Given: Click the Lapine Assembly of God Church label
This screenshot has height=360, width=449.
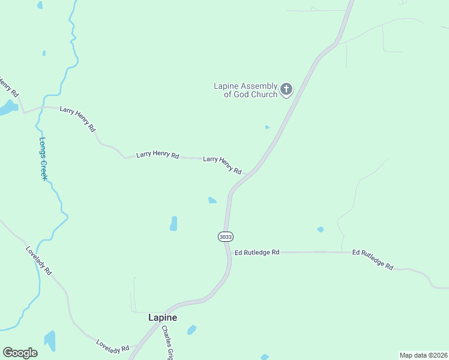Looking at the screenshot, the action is pyautogui.click(x=246, y=90).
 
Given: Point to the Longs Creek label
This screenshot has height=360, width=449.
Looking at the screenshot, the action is pyautogui.click(x=43, y=160).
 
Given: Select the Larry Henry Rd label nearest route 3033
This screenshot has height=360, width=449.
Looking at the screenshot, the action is pyautogui.click(x=222, y=165).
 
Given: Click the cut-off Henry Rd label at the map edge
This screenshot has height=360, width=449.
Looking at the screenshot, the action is pyautogui.click(x=10, y=88).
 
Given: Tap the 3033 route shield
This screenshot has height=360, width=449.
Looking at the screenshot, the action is pyautogui.click(x=226, y=237).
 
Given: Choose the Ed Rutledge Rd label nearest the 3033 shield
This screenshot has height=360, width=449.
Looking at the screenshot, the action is pyautogui.click(x=258, y=253).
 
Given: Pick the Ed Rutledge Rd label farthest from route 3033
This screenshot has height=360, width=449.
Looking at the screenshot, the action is pyautogui.click(x=373, y=259).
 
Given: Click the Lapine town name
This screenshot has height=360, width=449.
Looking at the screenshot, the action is pyautogui.click(x=163, y=318).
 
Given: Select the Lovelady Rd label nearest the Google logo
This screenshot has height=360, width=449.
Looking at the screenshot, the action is pyautogui.click(x=112, y=346).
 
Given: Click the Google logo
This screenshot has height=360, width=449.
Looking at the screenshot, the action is pyautogui.click(x=20, y=353).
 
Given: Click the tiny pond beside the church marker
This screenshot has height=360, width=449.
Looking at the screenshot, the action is pyautogui.click(x=267, y=127).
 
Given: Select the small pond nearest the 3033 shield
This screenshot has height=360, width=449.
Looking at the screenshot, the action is pyautogui.click(x=212, y=200).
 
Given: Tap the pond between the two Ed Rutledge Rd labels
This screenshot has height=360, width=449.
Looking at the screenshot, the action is pyautogui.click(x=321, y=229).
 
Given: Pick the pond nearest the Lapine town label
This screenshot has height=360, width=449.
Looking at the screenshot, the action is pyautogui.click(x=191, y=329).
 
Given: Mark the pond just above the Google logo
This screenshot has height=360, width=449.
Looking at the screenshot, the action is pyautogui.click(x=50, y=340).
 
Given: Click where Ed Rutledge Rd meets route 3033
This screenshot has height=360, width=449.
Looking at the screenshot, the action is pyautogui.click(x=228, y=253).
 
